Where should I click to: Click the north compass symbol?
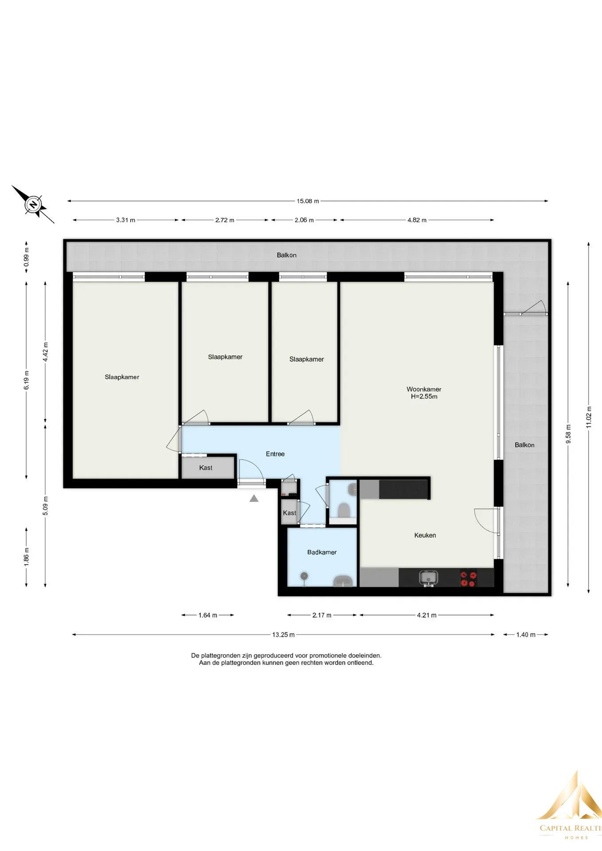tap(33, 205)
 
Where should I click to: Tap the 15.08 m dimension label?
tap(308, 201)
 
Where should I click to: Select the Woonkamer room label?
tap(424, 389)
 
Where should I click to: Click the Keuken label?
tap(425, 535)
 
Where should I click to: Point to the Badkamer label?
tap(322, 552)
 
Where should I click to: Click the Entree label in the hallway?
tap(275, 454)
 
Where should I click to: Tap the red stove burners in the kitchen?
tap(469, 578)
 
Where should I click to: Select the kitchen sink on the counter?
tap(428, 578)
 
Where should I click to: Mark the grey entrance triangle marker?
tap(254, 499)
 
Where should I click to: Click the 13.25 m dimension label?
tap(283, 635)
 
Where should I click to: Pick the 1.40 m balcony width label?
tap(526, 635)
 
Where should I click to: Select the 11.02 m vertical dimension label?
tap(589, 417)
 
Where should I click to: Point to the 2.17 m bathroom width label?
tap(322, 615)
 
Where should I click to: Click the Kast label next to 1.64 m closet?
tap(206, 468)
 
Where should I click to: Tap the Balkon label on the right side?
tap(524, 445)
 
